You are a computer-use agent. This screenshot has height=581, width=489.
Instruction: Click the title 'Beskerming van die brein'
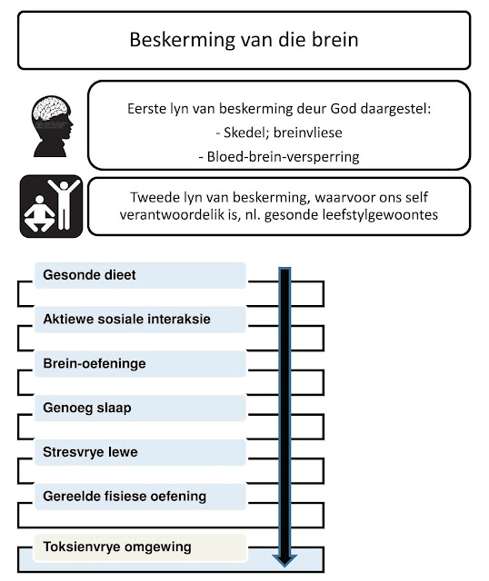[244, 41]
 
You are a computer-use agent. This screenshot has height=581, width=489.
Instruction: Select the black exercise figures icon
[51, 206]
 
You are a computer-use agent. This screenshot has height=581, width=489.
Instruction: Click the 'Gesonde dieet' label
[89, 275]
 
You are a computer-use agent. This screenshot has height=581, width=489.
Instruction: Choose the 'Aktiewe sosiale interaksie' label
[125, 320]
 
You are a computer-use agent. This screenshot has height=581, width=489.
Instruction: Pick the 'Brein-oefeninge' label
[95, 364]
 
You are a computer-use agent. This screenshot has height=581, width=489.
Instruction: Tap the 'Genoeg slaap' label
[87, 409]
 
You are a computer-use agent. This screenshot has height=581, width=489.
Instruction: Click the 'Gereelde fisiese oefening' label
[125, 497]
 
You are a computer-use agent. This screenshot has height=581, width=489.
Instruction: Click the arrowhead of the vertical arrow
[284, 555]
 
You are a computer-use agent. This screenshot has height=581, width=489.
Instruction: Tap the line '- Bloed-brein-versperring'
[278, 156]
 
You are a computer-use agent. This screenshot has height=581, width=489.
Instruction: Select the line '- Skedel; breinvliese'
[278, 133]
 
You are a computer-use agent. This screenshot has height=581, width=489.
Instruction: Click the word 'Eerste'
[150, 111]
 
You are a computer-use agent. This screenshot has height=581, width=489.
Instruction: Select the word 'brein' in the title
[336, 41]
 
